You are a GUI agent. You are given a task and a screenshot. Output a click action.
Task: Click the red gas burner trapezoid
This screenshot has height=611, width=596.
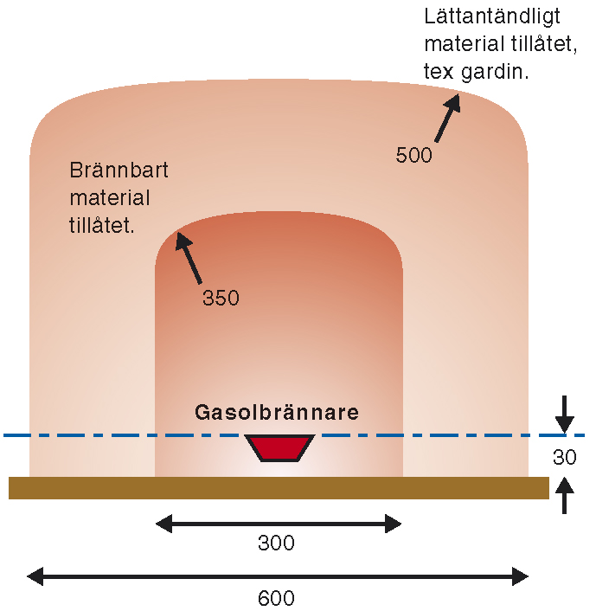279,447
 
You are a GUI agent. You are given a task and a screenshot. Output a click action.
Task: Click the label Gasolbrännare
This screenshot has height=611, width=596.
278,412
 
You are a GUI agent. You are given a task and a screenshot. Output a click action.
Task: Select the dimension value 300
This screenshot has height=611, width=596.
277,543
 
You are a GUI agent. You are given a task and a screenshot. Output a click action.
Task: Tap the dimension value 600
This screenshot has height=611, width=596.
277,598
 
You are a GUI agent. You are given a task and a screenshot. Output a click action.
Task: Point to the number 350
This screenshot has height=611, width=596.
221,299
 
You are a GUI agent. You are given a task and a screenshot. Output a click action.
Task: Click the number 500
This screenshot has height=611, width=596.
413,156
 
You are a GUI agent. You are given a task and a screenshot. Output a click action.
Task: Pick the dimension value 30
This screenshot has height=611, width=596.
565,458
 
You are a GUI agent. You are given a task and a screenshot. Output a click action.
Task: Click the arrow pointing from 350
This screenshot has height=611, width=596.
189,258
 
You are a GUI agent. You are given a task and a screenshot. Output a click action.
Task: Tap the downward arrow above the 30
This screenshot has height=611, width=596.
565,415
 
